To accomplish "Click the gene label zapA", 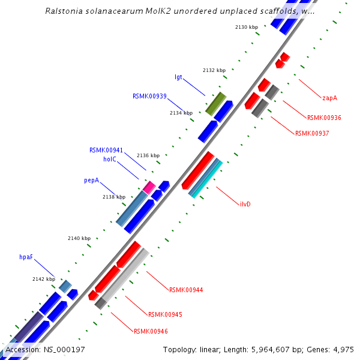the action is click(329, 97).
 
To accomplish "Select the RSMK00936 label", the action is click(324, 118).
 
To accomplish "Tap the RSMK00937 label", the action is click(312, 133).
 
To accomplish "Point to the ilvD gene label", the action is click(245, 204).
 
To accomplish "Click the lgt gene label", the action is click(178, 77).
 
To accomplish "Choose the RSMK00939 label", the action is click(149, 96).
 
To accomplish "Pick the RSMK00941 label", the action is click(106, 150).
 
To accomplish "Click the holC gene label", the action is click(109, 159).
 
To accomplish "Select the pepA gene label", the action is click(91, 179).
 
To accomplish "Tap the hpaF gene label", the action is click(26, 257).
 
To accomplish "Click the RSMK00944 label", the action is click(186, 290).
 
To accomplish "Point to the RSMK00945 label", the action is click(165, 314).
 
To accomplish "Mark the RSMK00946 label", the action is click(151, 331).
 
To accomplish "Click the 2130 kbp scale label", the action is click(246, 27).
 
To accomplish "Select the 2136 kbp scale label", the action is click(148, 155).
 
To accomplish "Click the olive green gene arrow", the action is click(215, 104).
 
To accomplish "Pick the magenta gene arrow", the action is click(149, 187).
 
